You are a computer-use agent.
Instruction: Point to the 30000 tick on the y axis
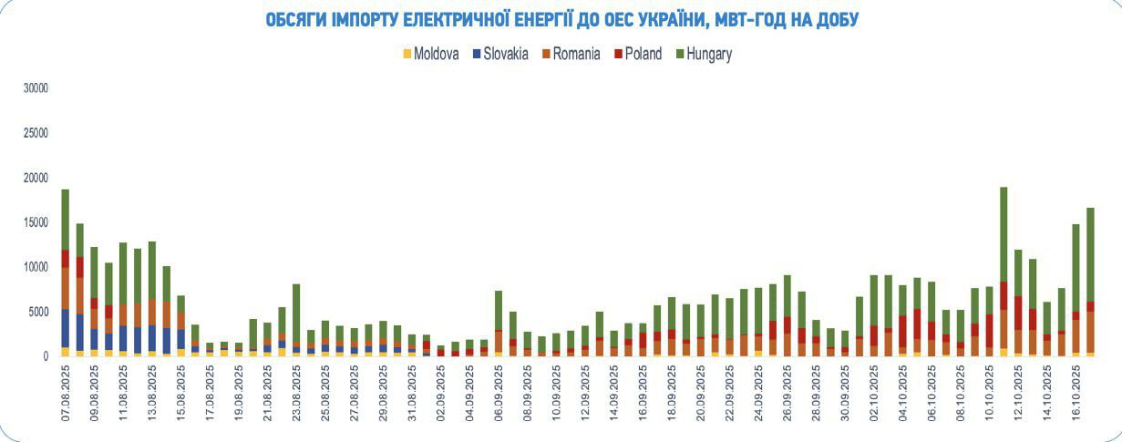coord(35,88)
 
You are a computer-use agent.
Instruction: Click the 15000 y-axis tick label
coord(35,222)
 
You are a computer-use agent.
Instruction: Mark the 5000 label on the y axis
coord(37,312)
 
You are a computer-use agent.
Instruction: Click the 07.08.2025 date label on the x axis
coord(66,394)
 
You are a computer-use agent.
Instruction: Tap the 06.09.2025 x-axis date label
coord(498,394)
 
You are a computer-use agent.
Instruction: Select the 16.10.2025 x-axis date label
coord(1076,394)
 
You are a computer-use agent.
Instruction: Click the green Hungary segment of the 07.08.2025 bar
coord(66,220)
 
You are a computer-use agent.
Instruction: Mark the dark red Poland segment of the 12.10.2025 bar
coord(1018,312)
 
